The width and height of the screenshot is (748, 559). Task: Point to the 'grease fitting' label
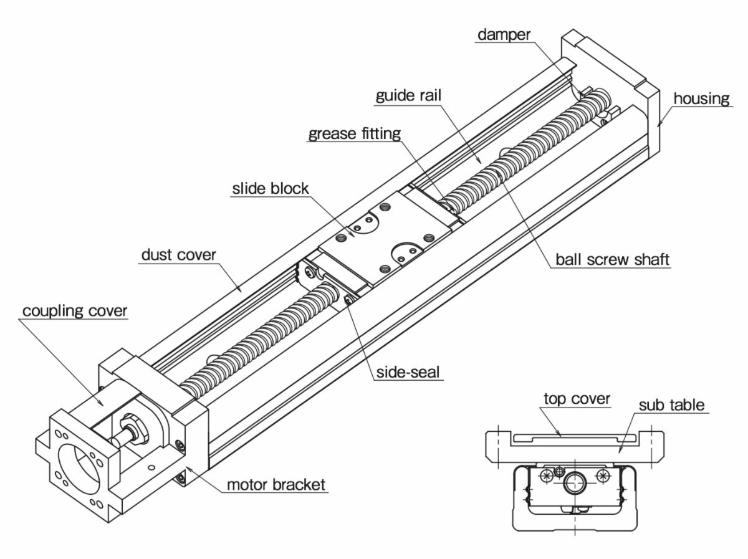pyautogui.click(x=353, y=134)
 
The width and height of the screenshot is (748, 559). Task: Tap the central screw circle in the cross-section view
pyautogui.click(x=574, y=483)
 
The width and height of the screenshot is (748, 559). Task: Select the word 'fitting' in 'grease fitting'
pyautogui.click(x=380, y=134)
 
